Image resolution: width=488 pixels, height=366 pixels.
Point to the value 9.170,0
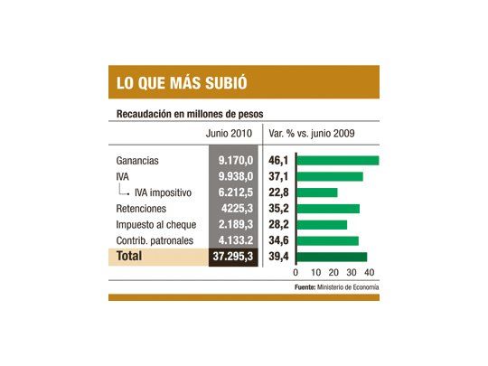coord(238,161)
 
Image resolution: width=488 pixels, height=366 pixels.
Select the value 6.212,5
coord(238,192)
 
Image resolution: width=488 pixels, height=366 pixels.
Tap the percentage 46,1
coord(278,161)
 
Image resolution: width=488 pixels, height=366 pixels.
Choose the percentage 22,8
coord(278,192)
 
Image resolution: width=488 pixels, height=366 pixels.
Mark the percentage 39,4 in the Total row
coord(278,257)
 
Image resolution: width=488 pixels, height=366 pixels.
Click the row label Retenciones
coord(142,208)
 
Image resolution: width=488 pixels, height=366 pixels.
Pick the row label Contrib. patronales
coord(157,240)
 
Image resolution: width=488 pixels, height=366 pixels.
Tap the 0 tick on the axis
coord(296,272)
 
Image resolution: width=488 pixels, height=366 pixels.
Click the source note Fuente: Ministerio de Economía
coord(336,286)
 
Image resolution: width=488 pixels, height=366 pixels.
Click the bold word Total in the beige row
coord(127,257)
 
